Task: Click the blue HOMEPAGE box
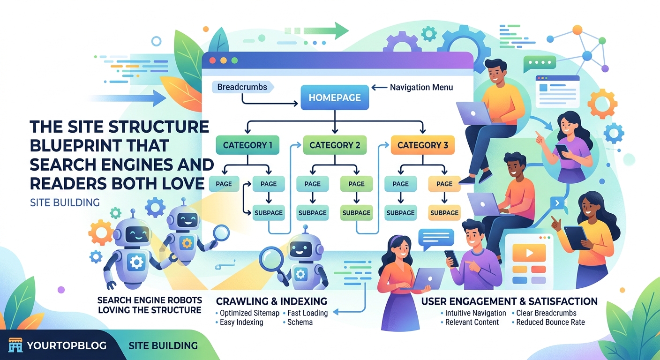coord(335,97)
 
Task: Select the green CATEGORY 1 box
coord(247,145)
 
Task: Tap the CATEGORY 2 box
coord(335,145)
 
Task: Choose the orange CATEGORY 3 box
coord(422,145)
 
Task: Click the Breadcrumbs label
coord(242,87)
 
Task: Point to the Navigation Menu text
coord(421,87)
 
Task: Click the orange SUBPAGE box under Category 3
coord(444,212)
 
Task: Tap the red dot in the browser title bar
coord(212,60)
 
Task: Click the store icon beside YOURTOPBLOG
coord(15,346)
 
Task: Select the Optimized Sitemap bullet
coord(249,313)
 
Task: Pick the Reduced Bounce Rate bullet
coord(550,322)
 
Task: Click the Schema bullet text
coord(300,322)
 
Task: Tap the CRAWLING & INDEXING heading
coord(271,301)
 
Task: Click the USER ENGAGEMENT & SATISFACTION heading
coord(509,301)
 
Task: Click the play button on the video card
coord(529,253)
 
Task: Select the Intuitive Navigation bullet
coord(475,313)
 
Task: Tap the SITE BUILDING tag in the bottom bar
coord(163,346)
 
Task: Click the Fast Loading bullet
coord(307,313)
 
